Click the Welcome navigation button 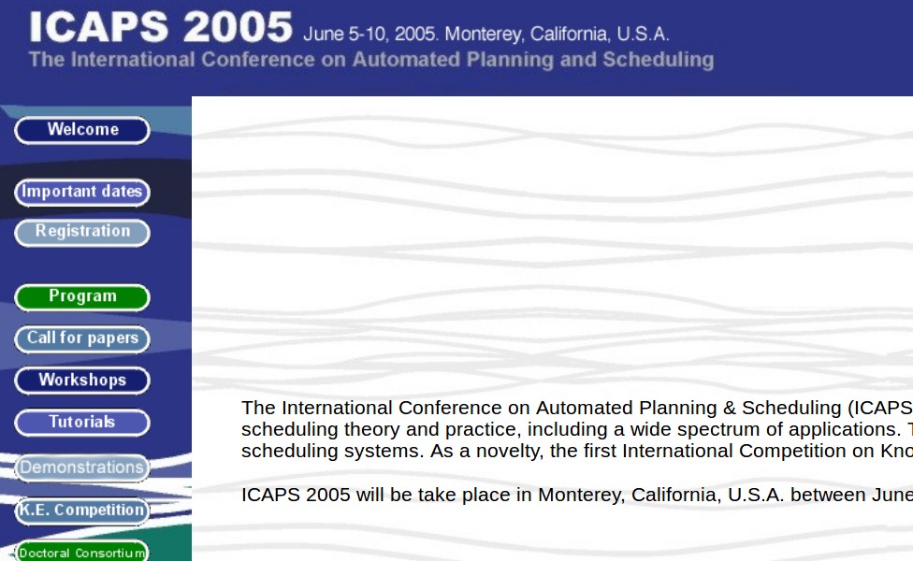pyautogui.click(x=82, y=130)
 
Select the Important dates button pyautogui.click(x=82, y=193)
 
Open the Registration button pyautogui.click(x=82, y=233)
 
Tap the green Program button pyautogui.click(x=82, y=297)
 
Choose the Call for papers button pyautogui.click(x=82, y=339)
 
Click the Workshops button pyautogui.click(x=82, y=381)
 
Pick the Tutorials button pyautogui.click(x=82, y=423)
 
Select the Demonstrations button pyautogui.click(x=82, y=468)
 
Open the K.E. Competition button pyautogui.click(x=82, y=511)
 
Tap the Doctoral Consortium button pyautogui.click(x=82, y=552)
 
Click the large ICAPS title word pyautogui.click(x=99, y=27)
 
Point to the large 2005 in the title pyautogui.click(x=239, y=27)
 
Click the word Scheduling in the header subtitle pyautogui.click(x=659, y=60)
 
